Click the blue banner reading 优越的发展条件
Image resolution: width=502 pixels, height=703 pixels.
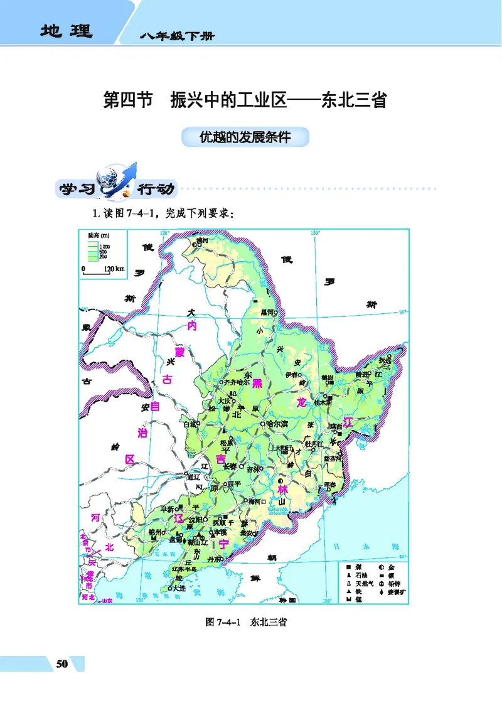pos(245,137)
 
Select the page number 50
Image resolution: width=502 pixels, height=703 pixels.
pos(61,665)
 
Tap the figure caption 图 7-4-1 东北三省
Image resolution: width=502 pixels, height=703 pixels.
pos(246,623)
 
